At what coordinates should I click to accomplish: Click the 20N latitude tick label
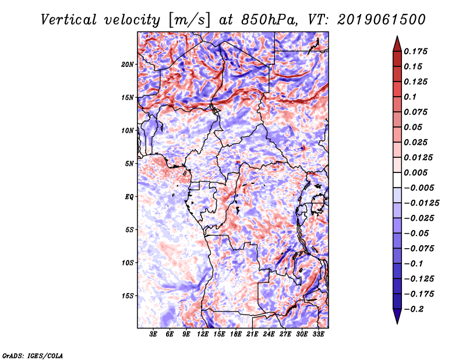(x=128, y=64)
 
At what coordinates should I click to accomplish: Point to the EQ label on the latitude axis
(x=130, y=197)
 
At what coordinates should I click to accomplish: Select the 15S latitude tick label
(x=128, y=296)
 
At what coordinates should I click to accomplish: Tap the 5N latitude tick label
(x=129, y=164)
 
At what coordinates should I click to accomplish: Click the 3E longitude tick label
(x=154, y=335)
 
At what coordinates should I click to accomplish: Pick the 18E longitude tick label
(x=236, y=335)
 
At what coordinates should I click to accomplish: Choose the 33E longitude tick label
(x=319, y=335)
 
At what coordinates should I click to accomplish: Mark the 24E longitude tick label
(x=269, y=335)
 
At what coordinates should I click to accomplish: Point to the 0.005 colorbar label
(x=416, y=172)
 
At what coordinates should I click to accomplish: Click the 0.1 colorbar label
(x=411, y=97)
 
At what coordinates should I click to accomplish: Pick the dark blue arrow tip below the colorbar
(x=396, y=319)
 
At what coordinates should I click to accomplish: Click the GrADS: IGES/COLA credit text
(x=33, y=355)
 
